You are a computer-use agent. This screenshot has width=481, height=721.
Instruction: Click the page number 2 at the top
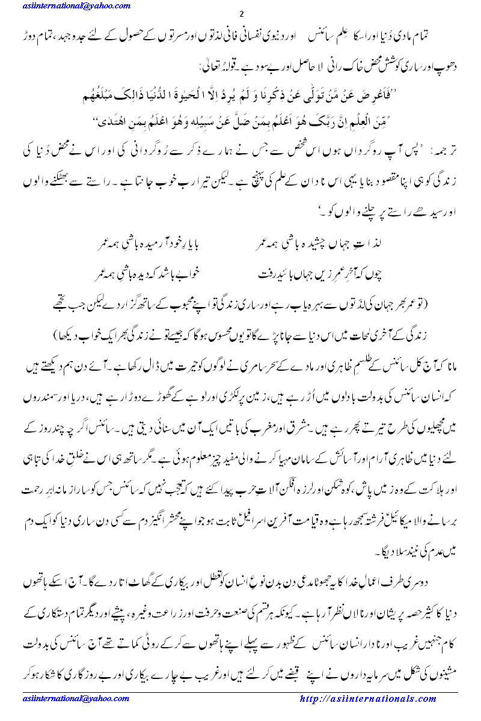(x=240, y=14)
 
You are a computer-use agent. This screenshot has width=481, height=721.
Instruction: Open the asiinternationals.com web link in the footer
(x=368, y=699)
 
